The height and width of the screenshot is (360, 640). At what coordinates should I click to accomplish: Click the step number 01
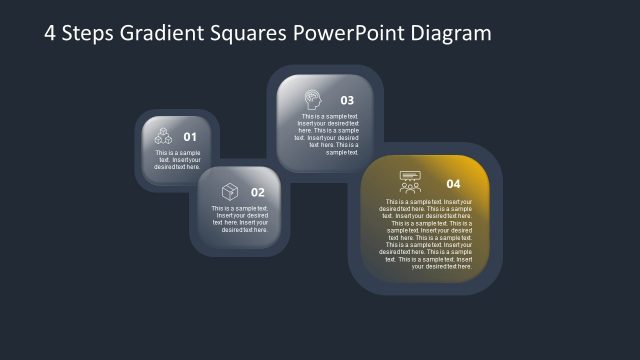pyautogui.click(x=190, y=137)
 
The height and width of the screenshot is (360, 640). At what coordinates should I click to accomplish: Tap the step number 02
pyautogui.click(x=257, y=192)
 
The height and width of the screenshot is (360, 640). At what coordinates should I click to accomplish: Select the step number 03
pyautogui.click(x=347, y=100)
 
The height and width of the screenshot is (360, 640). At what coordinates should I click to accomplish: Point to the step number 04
pyautogui.click(x=453, y=184)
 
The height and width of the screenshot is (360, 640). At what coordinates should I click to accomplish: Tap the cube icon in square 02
pyautogui.click(x=229, y=191)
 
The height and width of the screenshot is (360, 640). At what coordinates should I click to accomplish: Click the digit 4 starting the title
pyautogui.click(x=51, y=33)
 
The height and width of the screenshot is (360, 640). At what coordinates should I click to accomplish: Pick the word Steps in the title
pyautogui.click(x=87, y=33)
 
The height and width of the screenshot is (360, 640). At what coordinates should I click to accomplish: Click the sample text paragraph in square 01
pyautogui.click(x=177, y=160)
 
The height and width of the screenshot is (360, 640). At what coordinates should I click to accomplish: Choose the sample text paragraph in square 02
pyautogui.click(x=241, y=219)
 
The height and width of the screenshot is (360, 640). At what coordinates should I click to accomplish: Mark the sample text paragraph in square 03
pyautogui.click(x=328, y=134)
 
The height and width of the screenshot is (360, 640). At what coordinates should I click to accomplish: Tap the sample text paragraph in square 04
pyautogui.click(x=428, y=234)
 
